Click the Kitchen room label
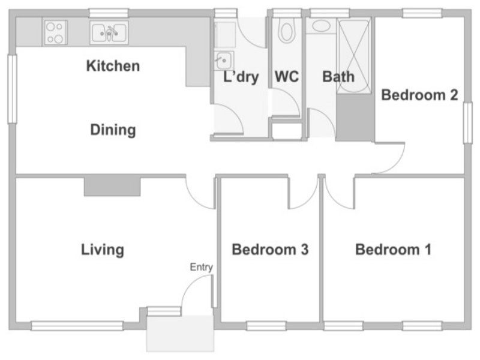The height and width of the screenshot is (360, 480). click(113, 66)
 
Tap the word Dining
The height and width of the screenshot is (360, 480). click(113, 130)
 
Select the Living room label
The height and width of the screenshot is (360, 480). click(103, 250)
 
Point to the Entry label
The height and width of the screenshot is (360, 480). click(201, 267)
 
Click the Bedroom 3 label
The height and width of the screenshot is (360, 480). click(270, 250)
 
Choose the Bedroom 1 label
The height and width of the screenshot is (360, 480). click(394, 250)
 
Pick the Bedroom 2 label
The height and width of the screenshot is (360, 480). click(419, 95)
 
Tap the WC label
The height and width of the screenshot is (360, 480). click(287, 77)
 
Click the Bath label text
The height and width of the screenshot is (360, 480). click(338, 77)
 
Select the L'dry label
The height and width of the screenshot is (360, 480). click(241, 77)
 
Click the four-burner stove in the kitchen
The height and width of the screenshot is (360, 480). click(55, 32)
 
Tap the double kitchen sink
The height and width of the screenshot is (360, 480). click(109, 32)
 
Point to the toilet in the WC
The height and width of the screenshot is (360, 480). click(287, 29)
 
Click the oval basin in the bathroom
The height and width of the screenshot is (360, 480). click(321, 26)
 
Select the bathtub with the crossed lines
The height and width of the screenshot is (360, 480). click(354, 55)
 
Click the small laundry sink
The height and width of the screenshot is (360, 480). click(224, 61)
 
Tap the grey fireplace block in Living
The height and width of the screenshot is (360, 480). click(112, 187)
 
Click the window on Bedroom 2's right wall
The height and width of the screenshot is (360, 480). click(467, 123)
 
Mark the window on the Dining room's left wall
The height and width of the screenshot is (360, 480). click(12, 89)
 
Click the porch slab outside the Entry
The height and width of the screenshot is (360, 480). click(180, 334)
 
